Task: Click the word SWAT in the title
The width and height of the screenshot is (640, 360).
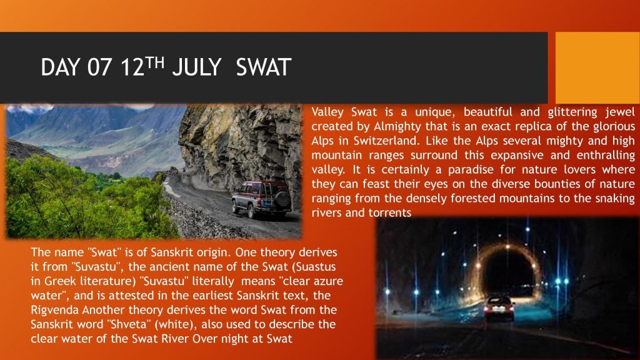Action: (264, 67)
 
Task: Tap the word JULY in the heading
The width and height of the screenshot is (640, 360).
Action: (196, 67)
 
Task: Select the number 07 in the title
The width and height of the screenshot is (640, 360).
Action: (99, 67)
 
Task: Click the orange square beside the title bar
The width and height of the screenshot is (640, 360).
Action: (597, 67)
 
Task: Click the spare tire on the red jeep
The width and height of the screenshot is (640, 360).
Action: (282, 199)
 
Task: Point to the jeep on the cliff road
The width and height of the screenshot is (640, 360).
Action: (262, 199)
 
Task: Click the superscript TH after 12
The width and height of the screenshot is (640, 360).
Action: (155, 62)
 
